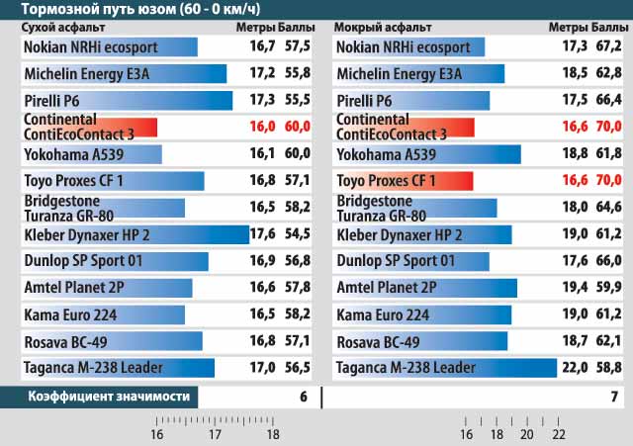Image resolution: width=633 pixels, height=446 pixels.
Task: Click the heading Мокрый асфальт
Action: pos(376,27)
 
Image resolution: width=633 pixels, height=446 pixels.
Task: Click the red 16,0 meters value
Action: pos(262,127)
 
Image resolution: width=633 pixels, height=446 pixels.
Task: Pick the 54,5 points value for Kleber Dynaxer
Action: pos(296,234)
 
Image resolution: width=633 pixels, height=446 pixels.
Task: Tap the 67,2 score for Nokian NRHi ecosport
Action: pos(606,46)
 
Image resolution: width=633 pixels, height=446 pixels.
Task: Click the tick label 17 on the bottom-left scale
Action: pos(215,434)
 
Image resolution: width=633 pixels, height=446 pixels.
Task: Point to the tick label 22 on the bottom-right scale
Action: pos(559,434)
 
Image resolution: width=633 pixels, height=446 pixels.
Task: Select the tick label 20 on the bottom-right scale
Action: pos(528,434)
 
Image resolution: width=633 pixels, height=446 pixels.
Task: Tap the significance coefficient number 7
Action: pos(614,398)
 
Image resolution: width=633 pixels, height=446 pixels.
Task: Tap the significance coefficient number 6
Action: pos(304,398)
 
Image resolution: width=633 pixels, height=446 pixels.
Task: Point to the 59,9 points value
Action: pos(606,288)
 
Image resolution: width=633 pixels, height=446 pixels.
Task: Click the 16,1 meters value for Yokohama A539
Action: pos(262,154)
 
